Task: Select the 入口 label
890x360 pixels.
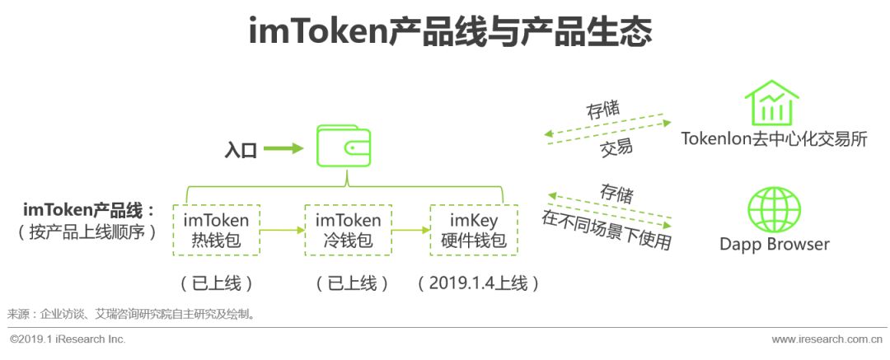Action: (241, 150)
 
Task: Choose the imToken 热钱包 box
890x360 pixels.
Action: (217, 230)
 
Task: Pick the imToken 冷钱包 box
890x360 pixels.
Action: (349, 230)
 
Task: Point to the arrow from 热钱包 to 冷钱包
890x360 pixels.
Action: (283, 231)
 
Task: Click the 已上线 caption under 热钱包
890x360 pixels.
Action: (216, 283)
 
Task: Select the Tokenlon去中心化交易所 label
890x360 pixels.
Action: (774, 139)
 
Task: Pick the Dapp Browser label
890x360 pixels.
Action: (774, 244)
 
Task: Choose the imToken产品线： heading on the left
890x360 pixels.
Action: (89, 209)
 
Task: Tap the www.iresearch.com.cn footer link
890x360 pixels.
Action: (826, 339)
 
